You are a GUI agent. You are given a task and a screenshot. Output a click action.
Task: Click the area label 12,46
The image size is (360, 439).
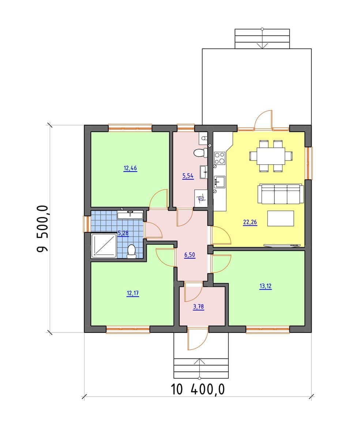tap(130, 168)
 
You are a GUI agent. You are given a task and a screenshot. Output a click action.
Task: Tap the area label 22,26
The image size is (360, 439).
tap(250, 222)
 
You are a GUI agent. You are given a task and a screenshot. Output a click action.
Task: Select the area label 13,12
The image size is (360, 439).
tap(266, 286)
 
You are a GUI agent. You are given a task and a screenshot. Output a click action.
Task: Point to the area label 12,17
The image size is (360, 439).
tap(133, 293)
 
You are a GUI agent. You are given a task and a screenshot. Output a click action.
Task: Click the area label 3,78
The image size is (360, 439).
tap(198, 307)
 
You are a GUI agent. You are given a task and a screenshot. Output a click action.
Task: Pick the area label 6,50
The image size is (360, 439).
tap(190, 255)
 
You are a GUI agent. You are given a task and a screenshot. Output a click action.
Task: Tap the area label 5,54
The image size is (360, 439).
tap(188, 176)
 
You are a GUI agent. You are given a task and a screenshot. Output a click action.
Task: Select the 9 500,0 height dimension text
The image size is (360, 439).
tap(42, 229)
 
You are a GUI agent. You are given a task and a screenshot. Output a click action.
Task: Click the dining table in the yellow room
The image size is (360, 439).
tap(271, 156)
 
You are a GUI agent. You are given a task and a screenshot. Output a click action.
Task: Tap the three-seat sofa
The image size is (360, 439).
tap(281, 194)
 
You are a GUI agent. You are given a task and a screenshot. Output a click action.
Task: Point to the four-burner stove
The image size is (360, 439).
tap(220, 158)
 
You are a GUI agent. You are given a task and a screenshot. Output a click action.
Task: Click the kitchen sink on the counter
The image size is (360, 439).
tap(220, 182)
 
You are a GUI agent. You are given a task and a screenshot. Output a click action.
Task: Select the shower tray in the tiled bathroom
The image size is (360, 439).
tap(104, 245)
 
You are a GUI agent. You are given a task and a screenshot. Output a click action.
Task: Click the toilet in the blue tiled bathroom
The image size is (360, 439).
tap(131, 251)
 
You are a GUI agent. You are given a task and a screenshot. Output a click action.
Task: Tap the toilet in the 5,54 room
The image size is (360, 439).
tap(200, 153)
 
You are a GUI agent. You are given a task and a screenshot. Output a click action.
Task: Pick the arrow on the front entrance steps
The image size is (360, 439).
tap(199, 369)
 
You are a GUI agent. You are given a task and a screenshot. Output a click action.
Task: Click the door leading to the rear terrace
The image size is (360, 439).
tap(263, 120)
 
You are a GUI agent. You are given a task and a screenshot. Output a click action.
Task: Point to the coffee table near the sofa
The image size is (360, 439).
tap(281, 218)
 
